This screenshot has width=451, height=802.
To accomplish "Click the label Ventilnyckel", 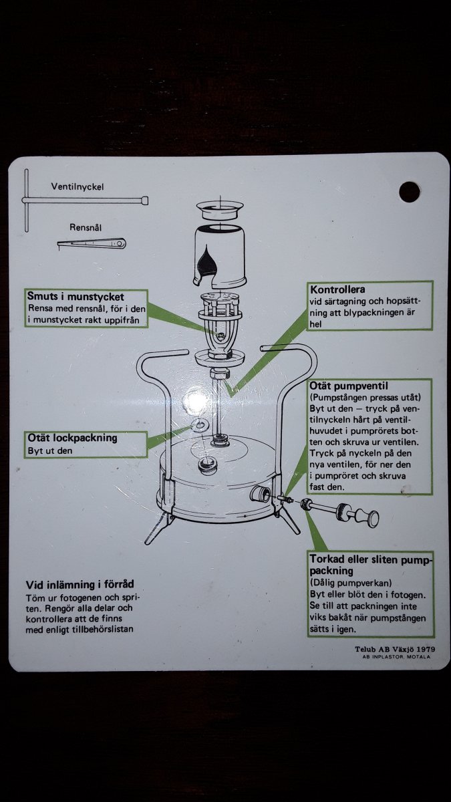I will click(x=78, y=186).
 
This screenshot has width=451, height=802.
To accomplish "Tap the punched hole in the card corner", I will click(x=409, y=192).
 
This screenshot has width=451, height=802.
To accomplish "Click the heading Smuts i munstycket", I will click(x=76, y=296).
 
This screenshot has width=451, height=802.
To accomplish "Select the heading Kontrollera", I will click(x=337, y=290).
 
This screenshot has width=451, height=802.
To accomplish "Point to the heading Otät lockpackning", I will click(x=72, y=438).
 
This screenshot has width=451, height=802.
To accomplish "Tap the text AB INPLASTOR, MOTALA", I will click(x=393, y=656).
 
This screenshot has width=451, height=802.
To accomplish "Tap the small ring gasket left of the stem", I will click(x=199, y=426).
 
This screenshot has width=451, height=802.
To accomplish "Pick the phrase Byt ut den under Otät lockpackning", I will click(x=49, y=450).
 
